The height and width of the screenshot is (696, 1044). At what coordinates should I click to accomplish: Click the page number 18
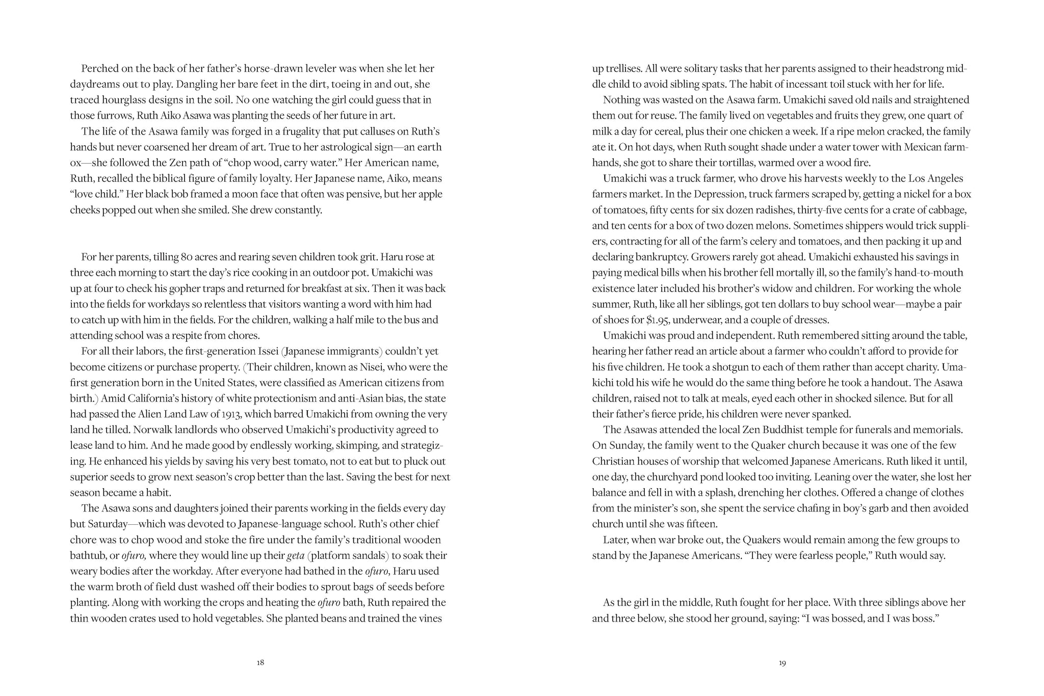pos(260,663)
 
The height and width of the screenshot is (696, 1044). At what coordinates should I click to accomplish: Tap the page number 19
pos(782,663)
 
